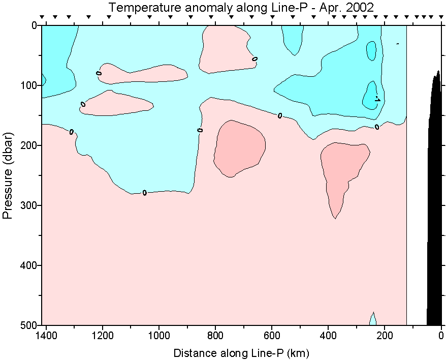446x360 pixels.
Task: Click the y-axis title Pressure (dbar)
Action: tap(8, 175)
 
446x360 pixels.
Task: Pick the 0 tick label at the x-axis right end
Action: tap(441, 336)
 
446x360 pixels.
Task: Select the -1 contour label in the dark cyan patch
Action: tap(377, 99)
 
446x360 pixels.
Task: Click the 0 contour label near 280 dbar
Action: tap(145, 193)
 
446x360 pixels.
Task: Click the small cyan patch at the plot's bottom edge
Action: tap(373, 320)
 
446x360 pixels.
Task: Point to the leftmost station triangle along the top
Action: tap(42, 17)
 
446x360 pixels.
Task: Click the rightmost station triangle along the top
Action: tap(438, 17)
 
